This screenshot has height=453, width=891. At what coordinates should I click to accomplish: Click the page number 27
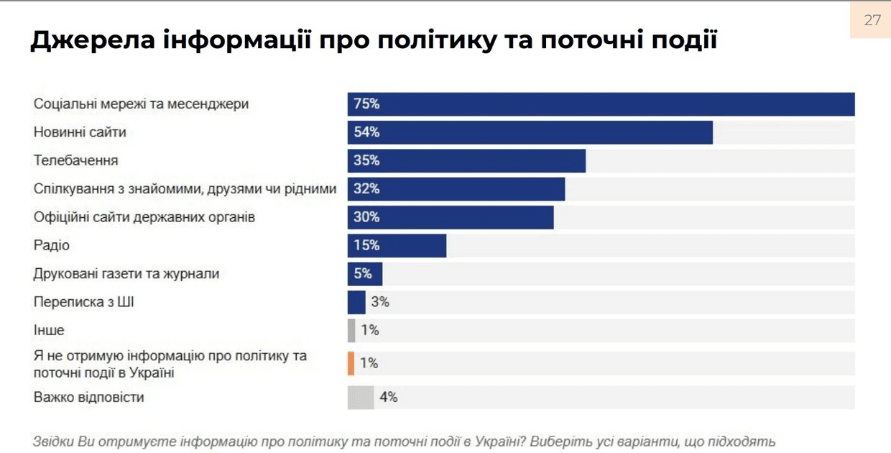[x=872, y=20]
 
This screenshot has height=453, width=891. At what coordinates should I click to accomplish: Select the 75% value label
[x=366, y=104]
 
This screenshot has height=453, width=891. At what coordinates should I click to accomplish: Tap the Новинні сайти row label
[x=80, y=132]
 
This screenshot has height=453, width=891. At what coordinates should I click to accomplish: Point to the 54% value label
[x=366, y=132]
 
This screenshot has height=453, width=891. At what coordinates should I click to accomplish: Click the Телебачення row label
[x=75, y=160]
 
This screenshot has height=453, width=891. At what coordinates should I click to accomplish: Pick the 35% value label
[x=366, y=160]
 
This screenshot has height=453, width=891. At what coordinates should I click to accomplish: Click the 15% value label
[x=366, y=246]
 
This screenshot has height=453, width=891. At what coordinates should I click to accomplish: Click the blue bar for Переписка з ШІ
[x=356, y=303]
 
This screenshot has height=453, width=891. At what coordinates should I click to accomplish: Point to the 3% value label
[x=380, y=303]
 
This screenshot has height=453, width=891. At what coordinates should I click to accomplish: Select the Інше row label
[x=49, y=331]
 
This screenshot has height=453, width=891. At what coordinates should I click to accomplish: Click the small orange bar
[x=351, y=363]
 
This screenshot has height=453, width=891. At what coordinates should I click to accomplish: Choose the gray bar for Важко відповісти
[x=361, y=398]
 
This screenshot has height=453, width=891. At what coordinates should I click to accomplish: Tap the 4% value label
[x=389, y=398]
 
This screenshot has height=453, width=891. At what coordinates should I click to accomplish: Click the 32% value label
[x=366, y=189]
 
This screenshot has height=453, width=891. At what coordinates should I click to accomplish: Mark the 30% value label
[x=366, y=217]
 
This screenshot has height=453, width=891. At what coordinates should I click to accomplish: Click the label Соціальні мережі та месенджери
[x=141, y=104]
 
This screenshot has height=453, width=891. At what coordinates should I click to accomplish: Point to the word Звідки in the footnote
[x=54, y=441]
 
